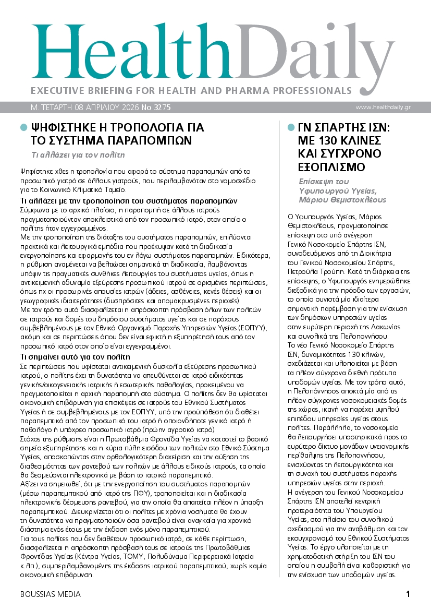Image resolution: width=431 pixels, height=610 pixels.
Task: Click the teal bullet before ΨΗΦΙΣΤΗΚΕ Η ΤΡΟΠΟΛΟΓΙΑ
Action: (x=23, y=127)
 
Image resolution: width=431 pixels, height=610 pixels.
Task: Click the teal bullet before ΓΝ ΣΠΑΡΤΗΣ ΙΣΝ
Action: (x=290, y=127)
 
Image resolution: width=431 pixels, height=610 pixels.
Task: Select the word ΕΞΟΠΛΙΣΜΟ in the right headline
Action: (x=333, y=167)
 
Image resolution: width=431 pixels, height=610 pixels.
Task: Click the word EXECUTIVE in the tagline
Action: (x=56, y=90)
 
